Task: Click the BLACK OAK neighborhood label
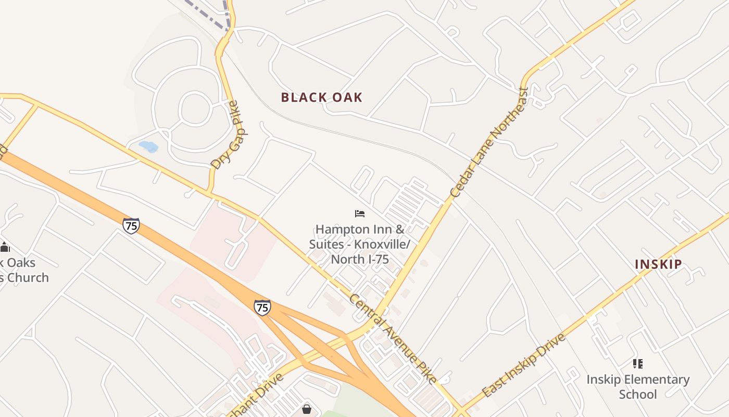coord(321,97)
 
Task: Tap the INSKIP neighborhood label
coord(658,264)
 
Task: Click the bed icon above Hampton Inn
coord(359,214)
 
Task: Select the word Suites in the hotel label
coord(326,244)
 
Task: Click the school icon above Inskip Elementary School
coord(638,364)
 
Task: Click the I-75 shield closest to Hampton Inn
coord(262,307)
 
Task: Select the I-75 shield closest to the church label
coord(131,226)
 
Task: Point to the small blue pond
coord(148,146)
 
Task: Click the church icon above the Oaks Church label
coord(5,247)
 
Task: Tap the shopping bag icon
coord(307,409)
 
